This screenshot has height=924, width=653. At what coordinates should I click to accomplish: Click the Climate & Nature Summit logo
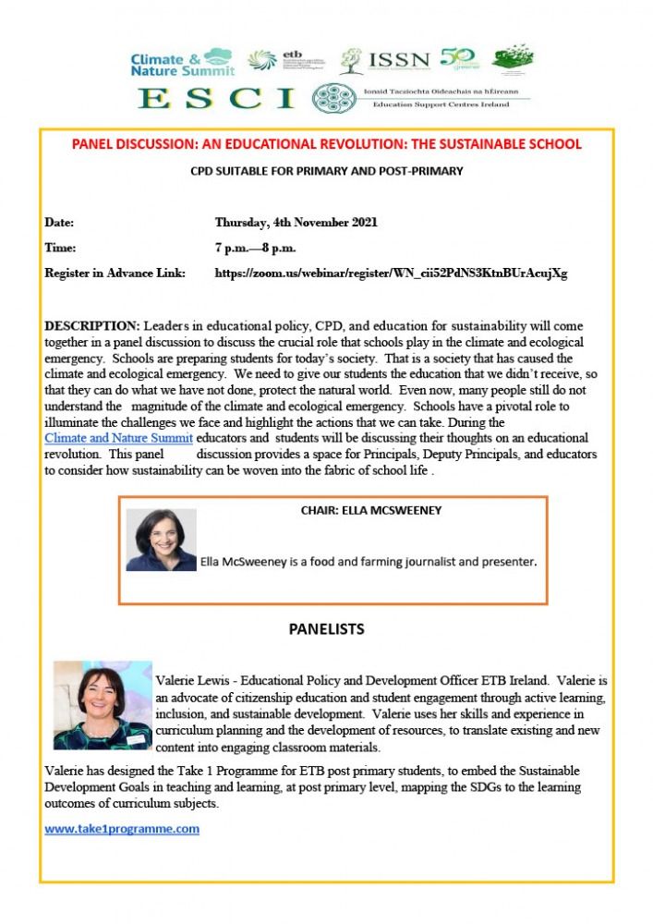coord(181,61)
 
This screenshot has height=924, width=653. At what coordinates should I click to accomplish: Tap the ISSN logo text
coord(399,61)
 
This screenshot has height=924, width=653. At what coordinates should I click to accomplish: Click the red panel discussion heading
coord(327,144)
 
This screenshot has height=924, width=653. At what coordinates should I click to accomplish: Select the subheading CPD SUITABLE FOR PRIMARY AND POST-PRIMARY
coord(327,171)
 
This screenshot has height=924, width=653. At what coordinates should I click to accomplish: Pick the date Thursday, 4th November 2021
coord(296,223)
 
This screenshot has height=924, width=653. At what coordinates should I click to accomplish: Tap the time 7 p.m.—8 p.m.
coord(256,248)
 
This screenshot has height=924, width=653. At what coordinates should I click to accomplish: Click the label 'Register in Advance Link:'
coord(115,274)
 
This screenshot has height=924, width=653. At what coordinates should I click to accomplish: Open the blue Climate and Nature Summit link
coord(119,437)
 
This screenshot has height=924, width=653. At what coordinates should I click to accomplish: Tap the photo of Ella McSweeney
coord(162,540)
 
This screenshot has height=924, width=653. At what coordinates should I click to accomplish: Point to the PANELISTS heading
coord(326,629)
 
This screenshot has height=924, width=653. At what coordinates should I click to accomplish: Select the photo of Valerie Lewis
coord(102,705)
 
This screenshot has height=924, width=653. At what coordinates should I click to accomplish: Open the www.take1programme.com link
coord(122,829)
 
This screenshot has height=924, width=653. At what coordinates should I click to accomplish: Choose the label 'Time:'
coord(60,248)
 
